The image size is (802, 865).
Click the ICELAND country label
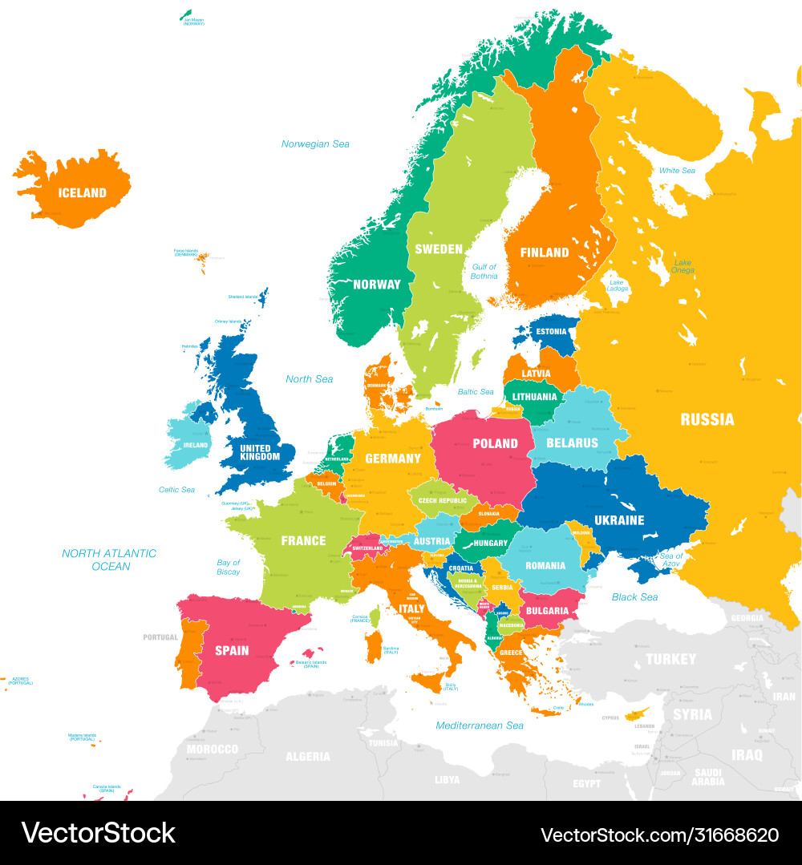click(82, 192)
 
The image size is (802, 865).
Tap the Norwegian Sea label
click(315, 144)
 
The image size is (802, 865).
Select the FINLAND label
click(545, 253)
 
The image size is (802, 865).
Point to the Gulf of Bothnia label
click(484, 272)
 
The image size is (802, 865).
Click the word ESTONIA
click(552, 332)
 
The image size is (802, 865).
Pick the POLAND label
click(495, 443)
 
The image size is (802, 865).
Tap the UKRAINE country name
click(619, 520)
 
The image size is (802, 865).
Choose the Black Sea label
click(634, 597)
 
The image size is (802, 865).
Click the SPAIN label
click(232, 650)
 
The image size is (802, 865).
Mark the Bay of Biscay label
click(229, 568)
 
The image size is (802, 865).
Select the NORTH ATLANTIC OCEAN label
click(109, 560)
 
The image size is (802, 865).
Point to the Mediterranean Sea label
click(480, 726)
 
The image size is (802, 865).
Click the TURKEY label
click(671, 659)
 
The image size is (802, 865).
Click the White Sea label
click(677, 171)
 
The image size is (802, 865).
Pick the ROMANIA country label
click(545, 566)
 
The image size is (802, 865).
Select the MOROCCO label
click(213, 750)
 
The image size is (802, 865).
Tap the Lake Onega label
click(683, 266)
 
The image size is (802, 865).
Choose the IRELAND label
click(195, 446)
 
